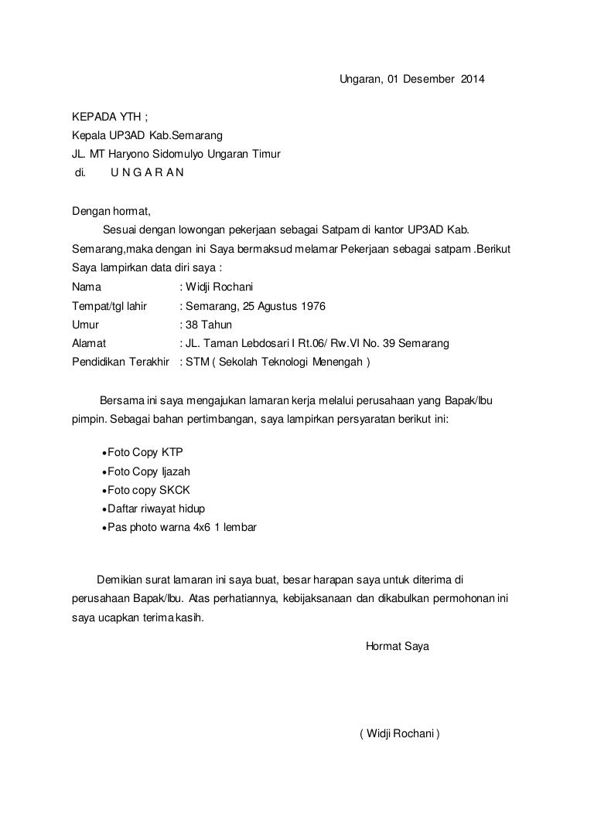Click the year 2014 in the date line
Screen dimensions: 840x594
pyautogui.click(x=475, y=80)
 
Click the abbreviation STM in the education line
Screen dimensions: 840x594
pyautogui.click(x=195, y=362)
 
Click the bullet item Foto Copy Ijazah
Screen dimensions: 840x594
pyautogui.click(x=148, y=471)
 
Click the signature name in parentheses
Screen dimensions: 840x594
pyautogui.click(x=399, y=733)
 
